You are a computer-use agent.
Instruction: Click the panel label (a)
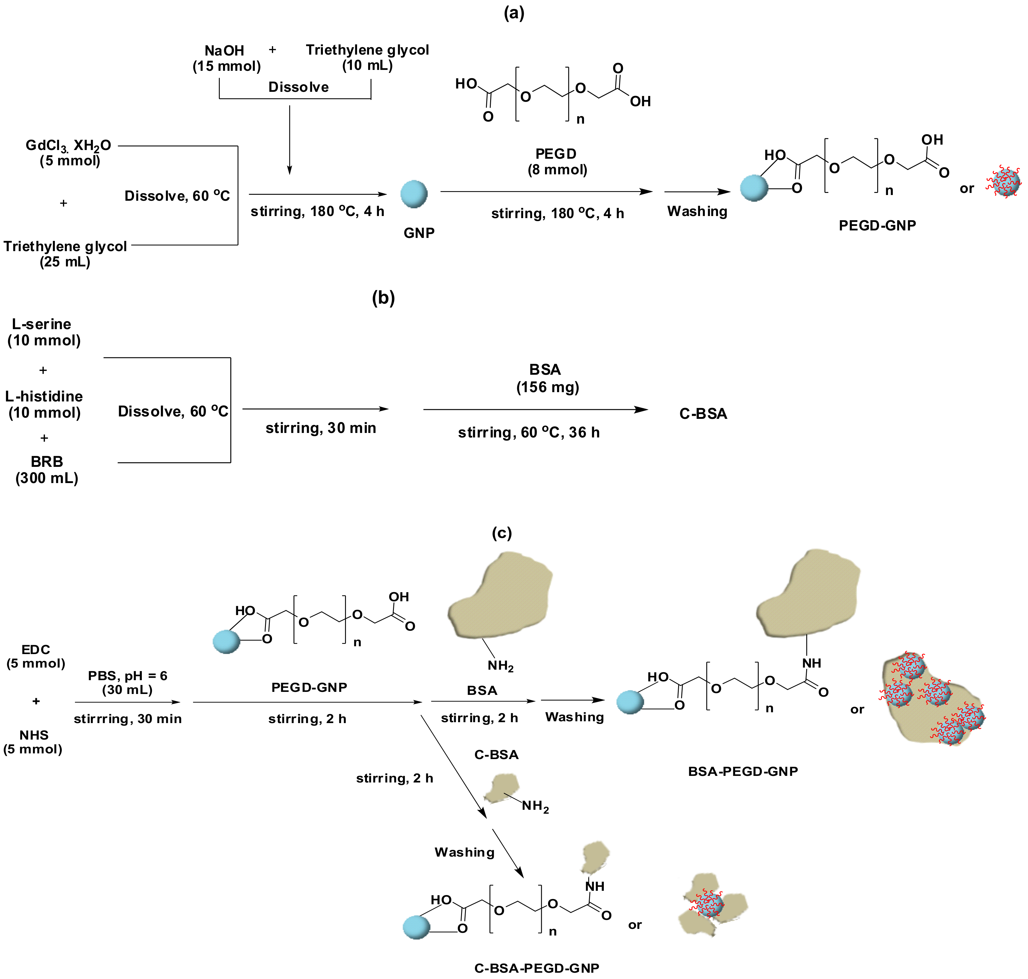(x=514, y=13)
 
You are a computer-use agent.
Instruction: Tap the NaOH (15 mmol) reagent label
(x=226, y=58)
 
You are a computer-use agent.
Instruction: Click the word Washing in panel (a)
(x=697, y=211)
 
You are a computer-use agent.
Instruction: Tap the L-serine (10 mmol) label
(x=43, y=332)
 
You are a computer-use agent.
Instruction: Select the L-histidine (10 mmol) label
(x=44, y=404)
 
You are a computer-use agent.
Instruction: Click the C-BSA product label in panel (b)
(x=702, y=414)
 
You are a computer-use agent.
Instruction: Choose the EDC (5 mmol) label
(x=35, y=656)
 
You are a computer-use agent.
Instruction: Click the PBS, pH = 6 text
(x=127, y=676)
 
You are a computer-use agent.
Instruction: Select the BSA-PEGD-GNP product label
(x=743, y=771)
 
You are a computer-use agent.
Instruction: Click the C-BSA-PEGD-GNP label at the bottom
(x=536, y=968)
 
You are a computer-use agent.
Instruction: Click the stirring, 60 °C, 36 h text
(x=528, y=433)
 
